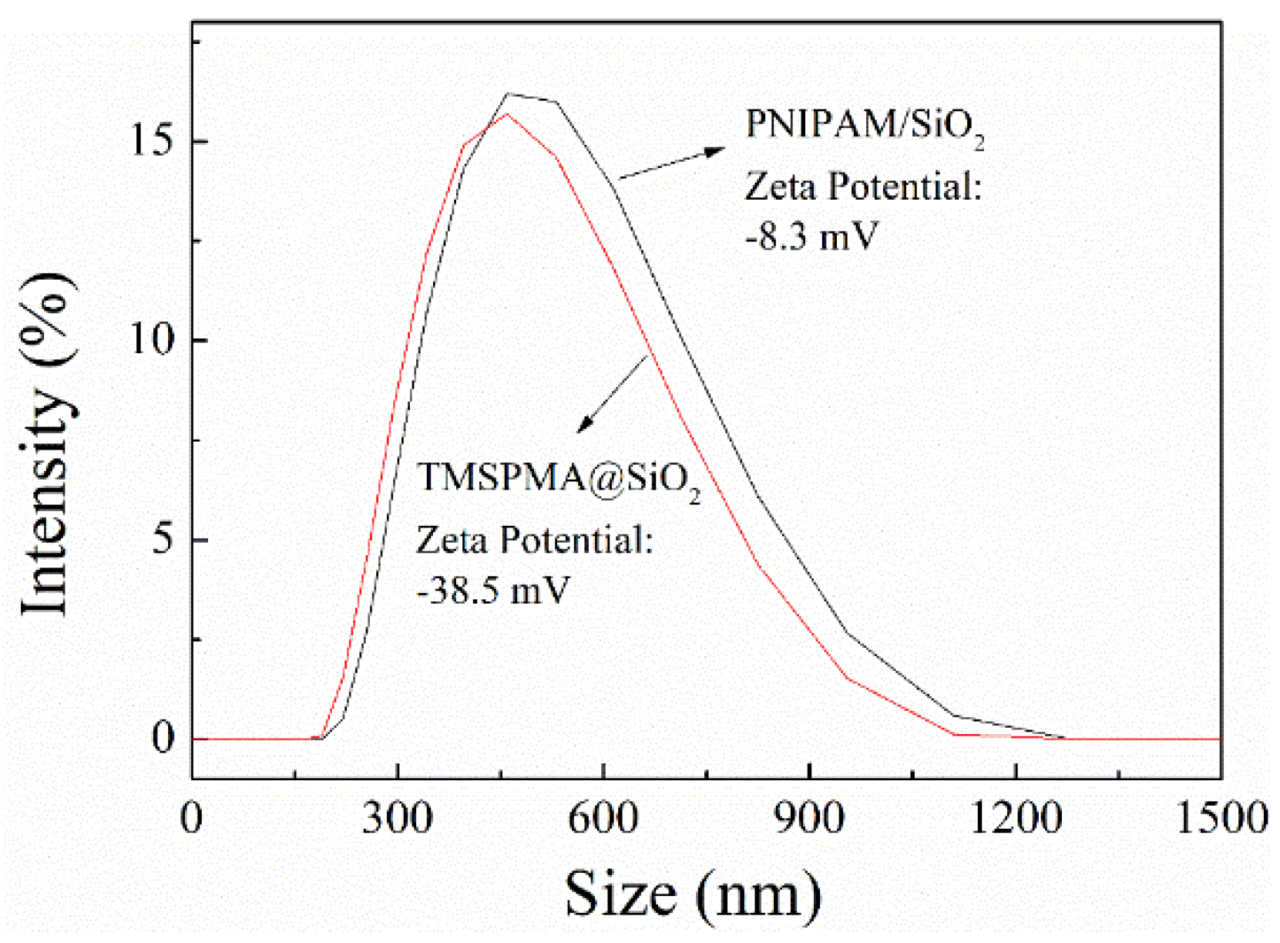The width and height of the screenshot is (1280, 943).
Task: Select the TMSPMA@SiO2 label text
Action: click(x=558, y=479)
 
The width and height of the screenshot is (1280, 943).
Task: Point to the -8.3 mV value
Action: click(x=811, y=236)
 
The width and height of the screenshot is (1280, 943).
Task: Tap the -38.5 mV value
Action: click(x=492, y=591)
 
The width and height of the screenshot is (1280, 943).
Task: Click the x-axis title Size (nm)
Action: click(x=692, y=894)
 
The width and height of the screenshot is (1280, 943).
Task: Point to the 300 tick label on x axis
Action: click(x=397, y=817)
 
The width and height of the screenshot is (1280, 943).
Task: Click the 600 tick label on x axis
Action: click(x=603, y=817)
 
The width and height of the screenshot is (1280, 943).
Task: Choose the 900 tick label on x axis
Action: click(x=808, y=817)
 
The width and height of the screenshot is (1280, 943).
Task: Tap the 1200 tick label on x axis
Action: click(x=1015, y=817)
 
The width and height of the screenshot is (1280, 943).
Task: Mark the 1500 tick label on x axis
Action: click(x=1221, y=817)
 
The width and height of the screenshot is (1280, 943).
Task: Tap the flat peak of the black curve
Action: click(x=532, y=97)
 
